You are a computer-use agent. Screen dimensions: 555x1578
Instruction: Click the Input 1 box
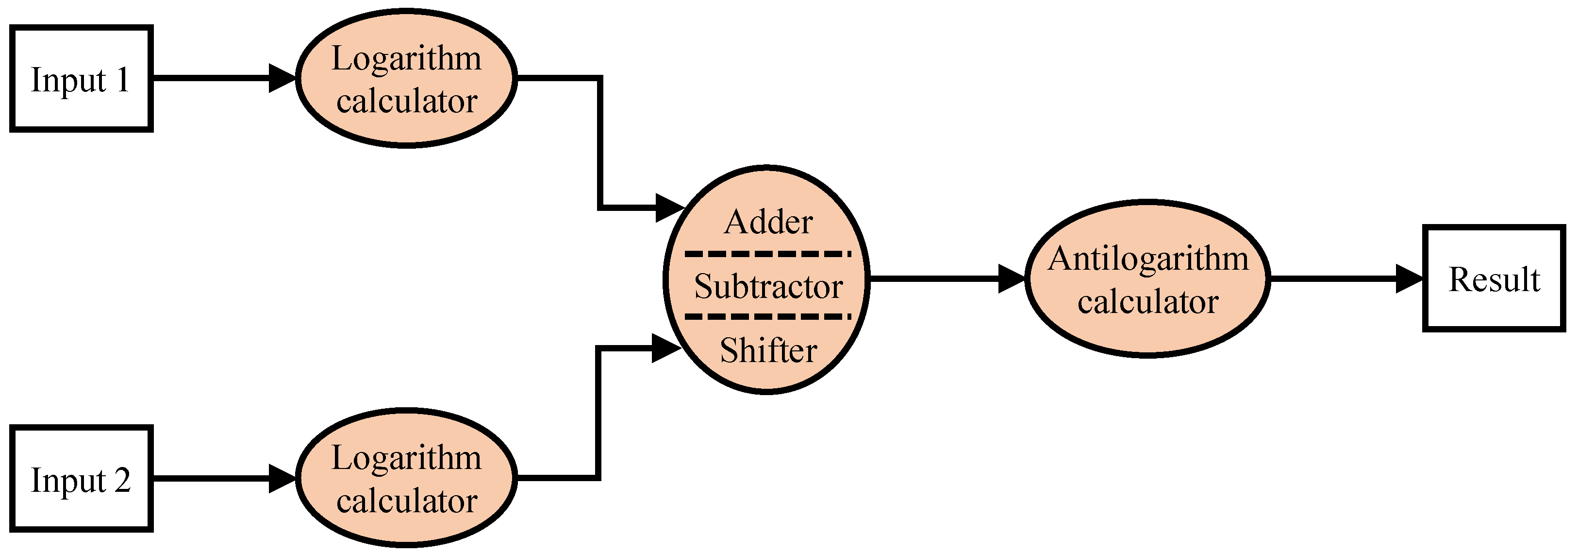[81, 79]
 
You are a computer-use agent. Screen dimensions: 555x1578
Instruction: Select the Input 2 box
[81, 478]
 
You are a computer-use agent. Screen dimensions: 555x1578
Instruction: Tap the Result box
[1493, 278]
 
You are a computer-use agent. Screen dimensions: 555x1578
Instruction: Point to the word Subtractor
[768, 286]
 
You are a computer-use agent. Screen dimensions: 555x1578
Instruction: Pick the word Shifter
[768, 351]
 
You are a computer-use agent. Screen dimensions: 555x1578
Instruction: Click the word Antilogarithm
[1148, 258]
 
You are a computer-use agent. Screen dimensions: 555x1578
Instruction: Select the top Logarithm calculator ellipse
[406, 79]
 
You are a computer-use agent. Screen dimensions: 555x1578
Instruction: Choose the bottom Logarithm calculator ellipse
[406, 478]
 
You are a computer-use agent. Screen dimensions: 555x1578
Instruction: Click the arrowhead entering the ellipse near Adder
[669, 208]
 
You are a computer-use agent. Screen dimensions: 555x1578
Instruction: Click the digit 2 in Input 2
[122, 480]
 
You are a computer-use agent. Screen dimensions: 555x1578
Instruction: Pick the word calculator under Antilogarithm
[1148, 302]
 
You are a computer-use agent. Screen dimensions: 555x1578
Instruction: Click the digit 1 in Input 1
[122, 80]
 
